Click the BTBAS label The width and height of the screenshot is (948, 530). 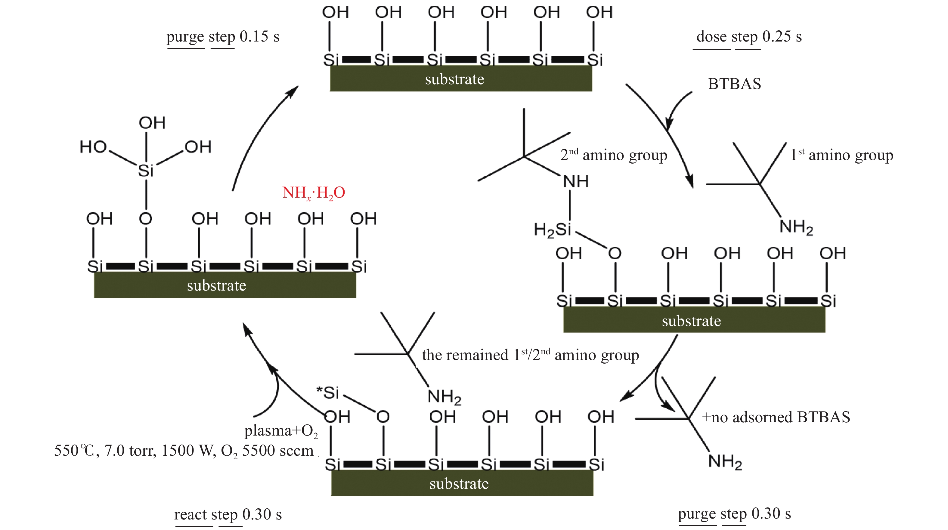click(x=734, y=84)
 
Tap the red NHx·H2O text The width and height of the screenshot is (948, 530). click(x=314, y=193)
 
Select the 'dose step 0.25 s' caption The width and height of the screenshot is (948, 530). click(x=749, y=37)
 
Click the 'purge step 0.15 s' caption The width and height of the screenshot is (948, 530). click(x=223, y=37)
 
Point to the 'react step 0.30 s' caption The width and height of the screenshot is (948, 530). click(x=228, y=514)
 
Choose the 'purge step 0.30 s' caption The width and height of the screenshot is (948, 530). click(x=734, y=513)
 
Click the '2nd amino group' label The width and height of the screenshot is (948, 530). click(x=613, y=155)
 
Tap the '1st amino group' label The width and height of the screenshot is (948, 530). click(x=842, y=155)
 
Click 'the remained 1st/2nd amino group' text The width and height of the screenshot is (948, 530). click(x=530, y=355)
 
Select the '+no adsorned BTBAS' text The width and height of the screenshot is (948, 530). click(x=776, y=418)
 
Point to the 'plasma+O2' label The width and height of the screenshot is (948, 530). click(x=281, y=431)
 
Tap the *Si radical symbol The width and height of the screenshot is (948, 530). click(x=328, y=393)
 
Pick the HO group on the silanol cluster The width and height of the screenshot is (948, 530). click(x=93, y=147)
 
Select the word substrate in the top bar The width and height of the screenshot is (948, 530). click(x=454, y=79)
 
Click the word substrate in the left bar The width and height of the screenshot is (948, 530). click(x=216, y=286)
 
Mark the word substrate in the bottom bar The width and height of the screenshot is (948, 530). click(x=459, y=484)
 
